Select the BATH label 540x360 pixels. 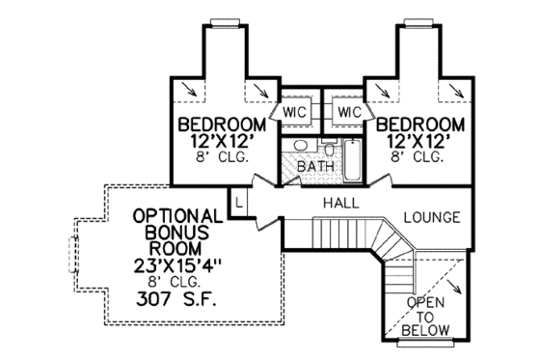pyautogui.click(x=315, y=166)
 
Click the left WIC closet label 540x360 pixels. pyautogui.click(x=295, y=112)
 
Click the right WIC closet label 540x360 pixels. pyautogui.click(x=349, y=112)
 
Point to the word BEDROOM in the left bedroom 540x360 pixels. pyautogui.click(x=221, y=125)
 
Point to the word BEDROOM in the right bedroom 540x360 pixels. pyautogui.click(x=420, y=125)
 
